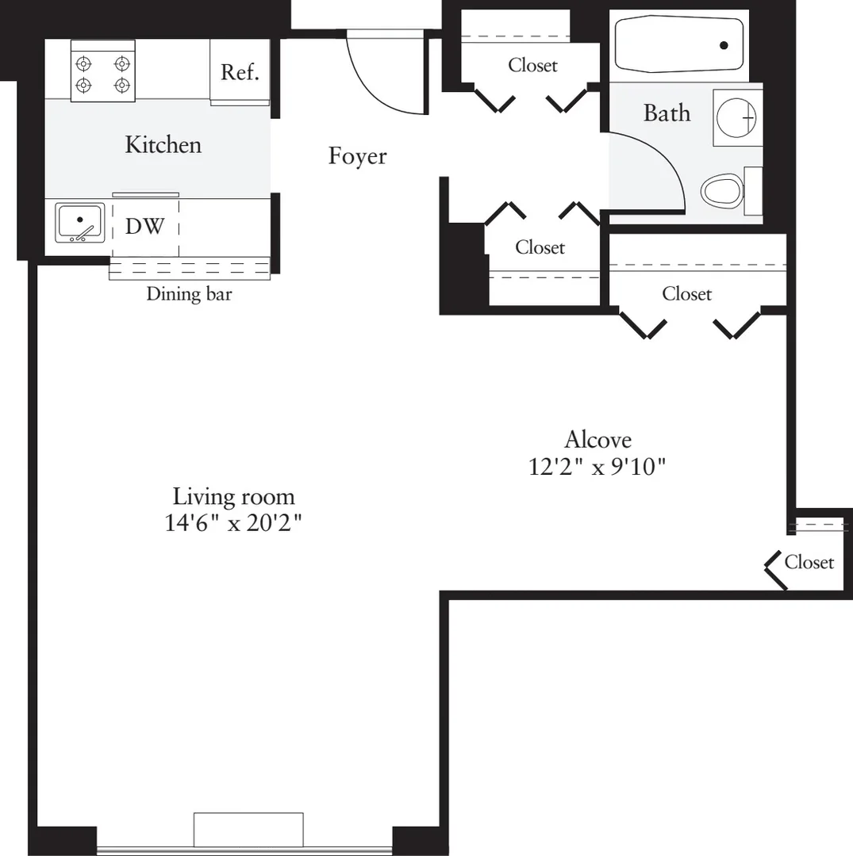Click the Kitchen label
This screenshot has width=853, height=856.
click(163, 145)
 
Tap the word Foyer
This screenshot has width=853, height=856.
click(357, 157)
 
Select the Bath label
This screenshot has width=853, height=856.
click(667, 113)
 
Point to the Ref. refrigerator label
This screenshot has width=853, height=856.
click(240, 72)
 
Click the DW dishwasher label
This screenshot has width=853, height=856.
click(144, 226)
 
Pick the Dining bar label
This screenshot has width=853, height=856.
click(189, 294)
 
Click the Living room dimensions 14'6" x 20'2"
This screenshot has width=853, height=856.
click(233, 523)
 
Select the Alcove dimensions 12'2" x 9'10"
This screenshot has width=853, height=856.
click(597, 467)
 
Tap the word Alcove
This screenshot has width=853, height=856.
click(597, 439)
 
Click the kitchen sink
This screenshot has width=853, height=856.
click(80, 223)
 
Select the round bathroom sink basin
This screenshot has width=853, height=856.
click(736, 117)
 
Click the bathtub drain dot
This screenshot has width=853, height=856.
click(724, 45)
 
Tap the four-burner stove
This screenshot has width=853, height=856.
click(102, 71)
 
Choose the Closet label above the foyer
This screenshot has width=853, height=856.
click(532, 66)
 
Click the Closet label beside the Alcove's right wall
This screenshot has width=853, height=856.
click(809, 562)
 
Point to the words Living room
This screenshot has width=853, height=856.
click(234, 497)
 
